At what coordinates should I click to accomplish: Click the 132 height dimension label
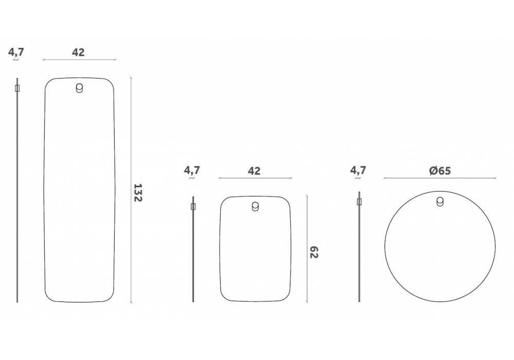pyautogui.click(x=138, y=192)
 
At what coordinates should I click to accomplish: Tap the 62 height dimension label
pyautogui.click(x=314, y=252)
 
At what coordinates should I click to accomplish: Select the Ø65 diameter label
pyautogui.click(x=440, y=171)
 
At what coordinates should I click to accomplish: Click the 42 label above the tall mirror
pyautogui.click(x=78, y=52)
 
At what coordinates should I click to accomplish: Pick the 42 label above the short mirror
pyautogui.click(x=254, y=171)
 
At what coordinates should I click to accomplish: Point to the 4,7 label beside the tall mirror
pyautogui.click(x=16, y=52)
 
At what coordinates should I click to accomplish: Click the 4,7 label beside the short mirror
pyautogui.click(x=192, y=171)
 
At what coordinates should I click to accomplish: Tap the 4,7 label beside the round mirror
pyautogui.click(x=358, y=171)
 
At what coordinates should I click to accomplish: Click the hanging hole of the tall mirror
pyautogui.click(x=79, y=88)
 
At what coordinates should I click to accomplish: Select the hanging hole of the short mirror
pyautogui.click(x=255, y=207)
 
